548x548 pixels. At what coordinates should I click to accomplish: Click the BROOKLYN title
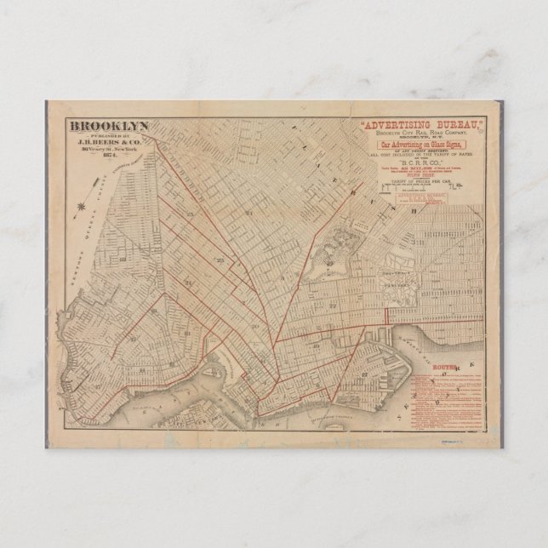coord(110,125)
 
